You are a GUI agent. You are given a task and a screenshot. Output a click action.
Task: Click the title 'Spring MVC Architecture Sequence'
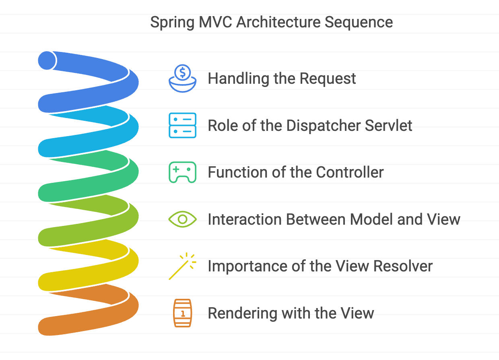(x=271, y=22)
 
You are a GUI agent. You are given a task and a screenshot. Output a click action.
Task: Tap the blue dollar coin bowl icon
(x=182, y=79)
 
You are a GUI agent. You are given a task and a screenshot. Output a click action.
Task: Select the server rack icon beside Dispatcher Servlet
(x=182, y=126)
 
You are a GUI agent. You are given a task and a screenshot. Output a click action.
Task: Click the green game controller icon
(x=182, y=172)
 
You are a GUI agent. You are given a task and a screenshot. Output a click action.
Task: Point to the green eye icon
(x=182, y=219)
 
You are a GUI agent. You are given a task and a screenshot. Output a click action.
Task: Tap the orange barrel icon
(x=182, y=313)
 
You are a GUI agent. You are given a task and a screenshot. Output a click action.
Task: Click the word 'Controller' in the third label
(x=349, y=172)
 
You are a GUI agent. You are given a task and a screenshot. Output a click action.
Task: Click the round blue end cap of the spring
(x=47, y=60)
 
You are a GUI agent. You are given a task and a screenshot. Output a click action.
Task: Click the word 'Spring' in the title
(x=172, y=23)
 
